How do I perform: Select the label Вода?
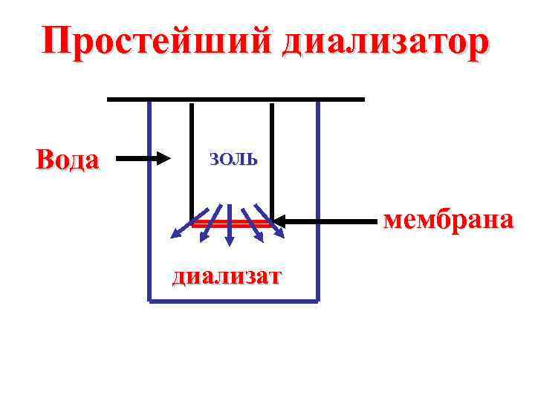tap(68, 159)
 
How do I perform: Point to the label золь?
tap(233, 158)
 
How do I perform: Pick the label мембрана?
tap(447, 220)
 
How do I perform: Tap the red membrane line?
tap(232, 222)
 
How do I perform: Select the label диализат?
tap(227, 277)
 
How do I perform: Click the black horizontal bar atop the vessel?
tap(236, 98)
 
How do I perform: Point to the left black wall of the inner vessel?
tap(192, 160)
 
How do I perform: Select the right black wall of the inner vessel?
tap(272, 160)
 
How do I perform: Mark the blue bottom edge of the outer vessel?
tap(234, 301)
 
